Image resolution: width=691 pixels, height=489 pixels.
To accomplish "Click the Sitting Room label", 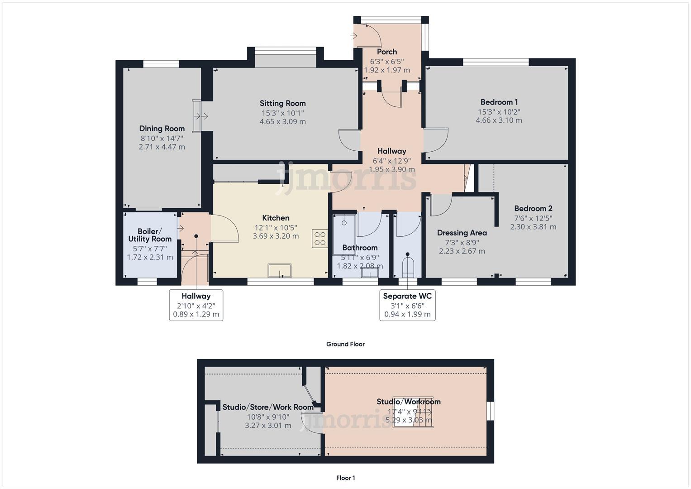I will click(x=282, y=103).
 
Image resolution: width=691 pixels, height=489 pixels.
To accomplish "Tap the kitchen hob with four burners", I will click(x=319, y=239).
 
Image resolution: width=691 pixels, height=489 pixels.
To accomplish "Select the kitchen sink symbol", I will click(x=280, y=270).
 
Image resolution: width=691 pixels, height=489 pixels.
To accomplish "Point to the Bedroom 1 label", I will click(x=499, y=102).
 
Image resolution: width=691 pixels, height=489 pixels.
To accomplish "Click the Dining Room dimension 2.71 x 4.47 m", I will click(x=162, y=147).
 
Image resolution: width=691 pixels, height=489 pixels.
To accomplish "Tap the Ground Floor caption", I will click(x=345, y=344).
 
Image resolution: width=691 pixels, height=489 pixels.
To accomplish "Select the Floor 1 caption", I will click(x=345, y=478).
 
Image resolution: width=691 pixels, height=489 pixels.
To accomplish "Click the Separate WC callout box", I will click(x=407, y=305).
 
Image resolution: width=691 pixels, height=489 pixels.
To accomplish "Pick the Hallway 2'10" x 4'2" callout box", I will click(x=196, y=305).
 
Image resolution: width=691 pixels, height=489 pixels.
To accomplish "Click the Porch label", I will click(x=387, y=52).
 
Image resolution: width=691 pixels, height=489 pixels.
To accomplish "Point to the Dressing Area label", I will click(x=462, y=233).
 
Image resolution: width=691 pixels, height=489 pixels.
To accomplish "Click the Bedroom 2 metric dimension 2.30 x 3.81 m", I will click(x=533, y=227).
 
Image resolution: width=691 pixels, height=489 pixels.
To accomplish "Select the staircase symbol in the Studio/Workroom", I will click(x=412, y=412).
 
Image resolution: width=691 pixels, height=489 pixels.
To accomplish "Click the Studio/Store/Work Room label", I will click(x=268, y=407).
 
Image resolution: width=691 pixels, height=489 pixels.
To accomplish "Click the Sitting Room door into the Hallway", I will click(x=349, y=140).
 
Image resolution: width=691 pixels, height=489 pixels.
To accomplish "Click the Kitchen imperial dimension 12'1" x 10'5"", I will click(x=276, y=228).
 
